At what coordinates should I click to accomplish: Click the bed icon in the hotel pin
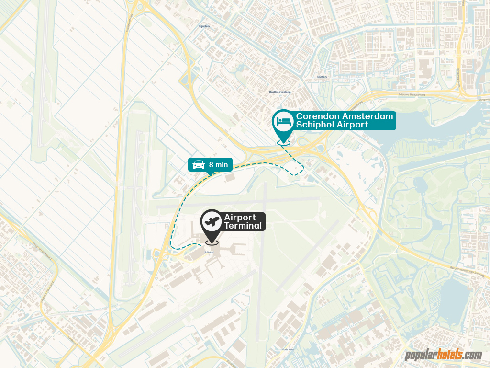coord(283,121)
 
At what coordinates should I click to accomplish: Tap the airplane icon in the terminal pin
coord(212,221)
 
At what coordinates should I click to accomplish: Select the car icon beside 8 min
coord(198,165)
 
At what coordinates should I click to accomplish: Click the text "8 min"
coord(218,165)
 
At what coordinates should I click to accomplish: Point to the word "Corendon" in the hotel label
coord(318,116)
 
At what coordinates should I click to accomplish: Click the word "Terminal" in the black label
coord(243,226)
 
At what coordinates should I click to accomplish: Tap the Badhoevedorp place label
coord(280,92)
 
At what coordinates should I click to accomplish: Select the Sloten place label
coord(322,77)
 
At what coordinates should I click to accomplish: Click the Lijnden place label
coord(204,26)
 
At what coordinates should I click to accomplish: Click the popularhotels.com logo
coord(444,355)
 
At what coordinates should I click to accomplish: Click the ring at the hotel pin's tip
coord(283,142)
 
